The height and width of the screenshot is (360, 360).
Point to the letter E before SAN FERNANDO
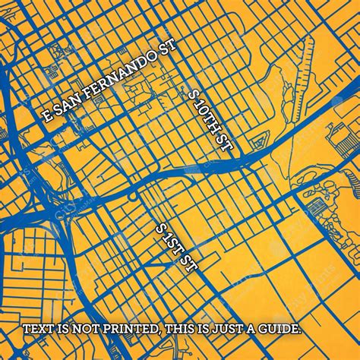[48, 117]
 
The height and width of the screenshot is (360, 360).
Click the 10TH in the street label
[207, 117]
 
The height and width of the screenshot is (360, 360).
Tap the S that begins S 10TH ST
[191, 94]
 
